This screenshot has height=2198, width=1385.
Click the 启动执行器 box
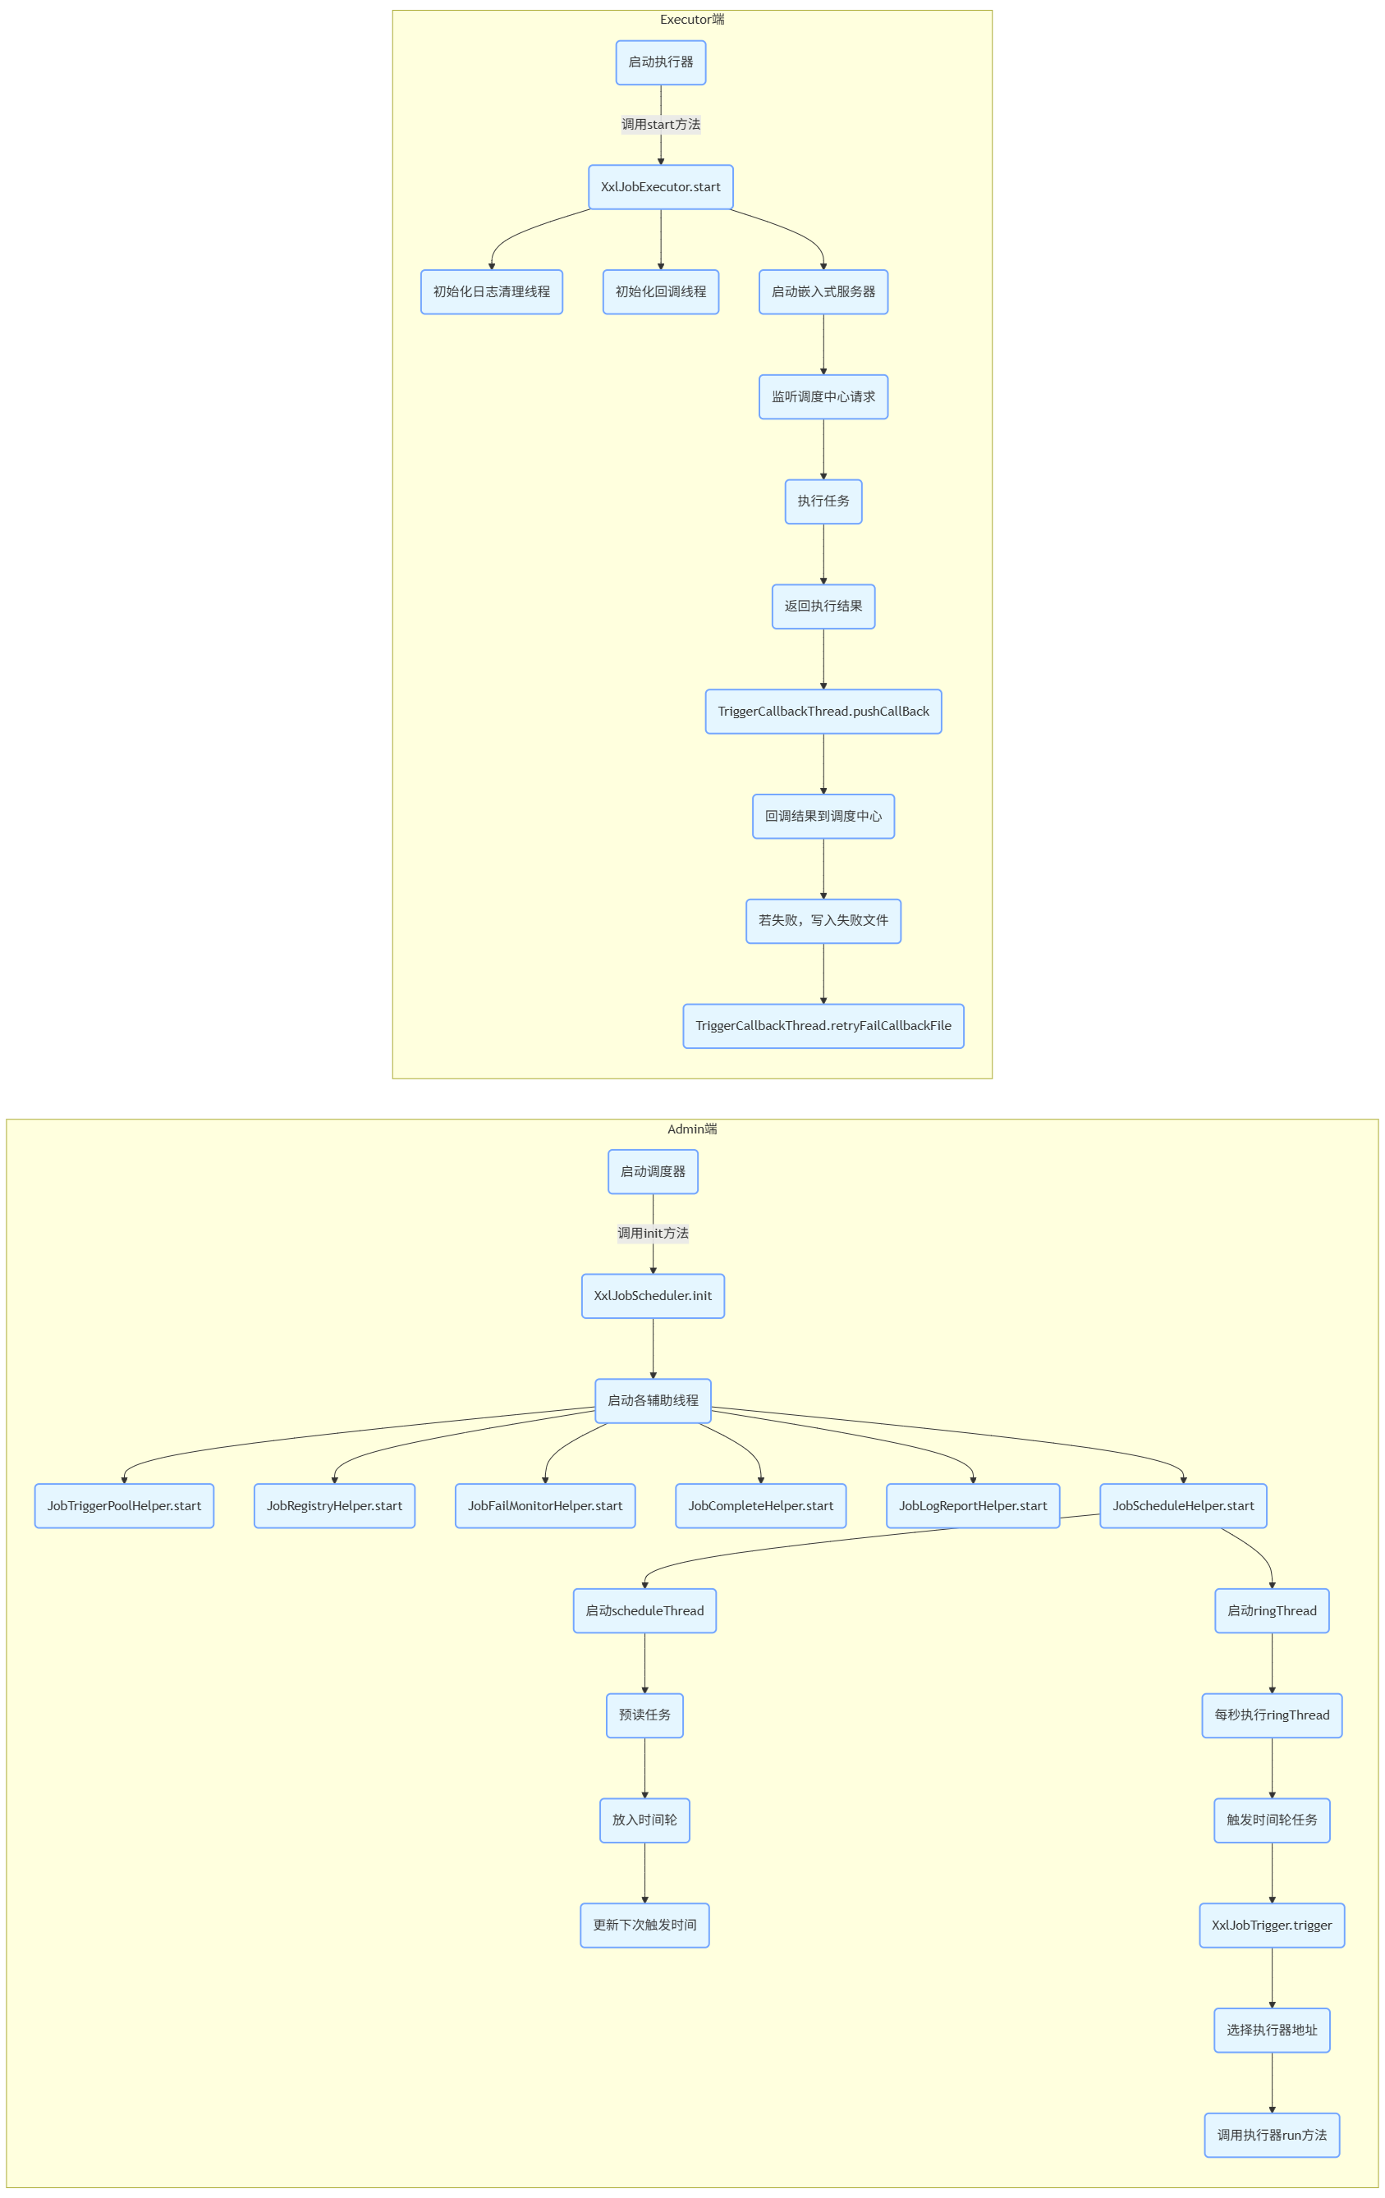click(x=660, y=62)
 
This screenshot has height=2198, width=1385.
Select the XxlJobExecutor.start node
click(x=660, y=187)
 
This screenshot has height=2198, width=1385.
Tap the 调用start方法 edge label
click(x=660, y=124)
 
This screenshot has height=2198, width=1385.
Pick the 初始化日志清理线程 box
click(x=491, y=292)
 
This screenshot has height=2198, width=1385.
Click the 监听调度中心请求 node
click(x=823, y=397)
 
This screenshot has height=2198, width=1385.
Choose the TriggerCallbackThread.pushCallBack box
click(x=823, y=711)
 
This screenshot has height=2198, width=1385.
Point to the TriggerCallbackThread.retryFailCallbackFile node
click(x=823, y=1026)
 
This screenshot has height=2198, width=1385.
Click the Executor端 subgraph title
click(x=692, y=19)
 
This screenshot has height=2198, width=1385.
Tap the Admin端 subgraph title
click(x=692, y=1129)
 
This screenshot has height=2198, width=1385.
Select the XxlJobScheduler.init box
click(x=653, y=1295)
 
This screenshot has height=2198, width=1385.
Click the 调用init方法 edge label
click(x=653, y=1233)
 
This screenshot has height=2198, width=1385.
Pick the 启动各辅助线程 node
click(x=653, y=1400)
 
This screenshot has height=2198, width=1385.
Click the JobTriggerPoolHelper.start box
click(x=124, y=1505)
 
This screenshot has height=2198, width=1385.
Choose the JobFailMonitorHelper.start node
click(x=545, y=1505)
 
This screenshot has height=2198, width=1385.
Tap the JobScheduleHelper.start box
click(x=1182, y=1505)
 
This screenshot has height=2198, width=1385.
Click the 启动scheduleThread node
click(x=644, y=1610)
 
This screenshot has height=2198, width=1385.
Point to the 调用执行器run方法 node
click(x=1271, y=2135)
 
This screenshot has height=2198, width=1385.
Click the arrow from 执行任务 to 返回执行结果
click(x=823, y=554)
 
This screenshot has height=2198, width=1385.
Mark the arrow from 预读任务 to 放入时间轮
click(x=644, y=1768)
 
